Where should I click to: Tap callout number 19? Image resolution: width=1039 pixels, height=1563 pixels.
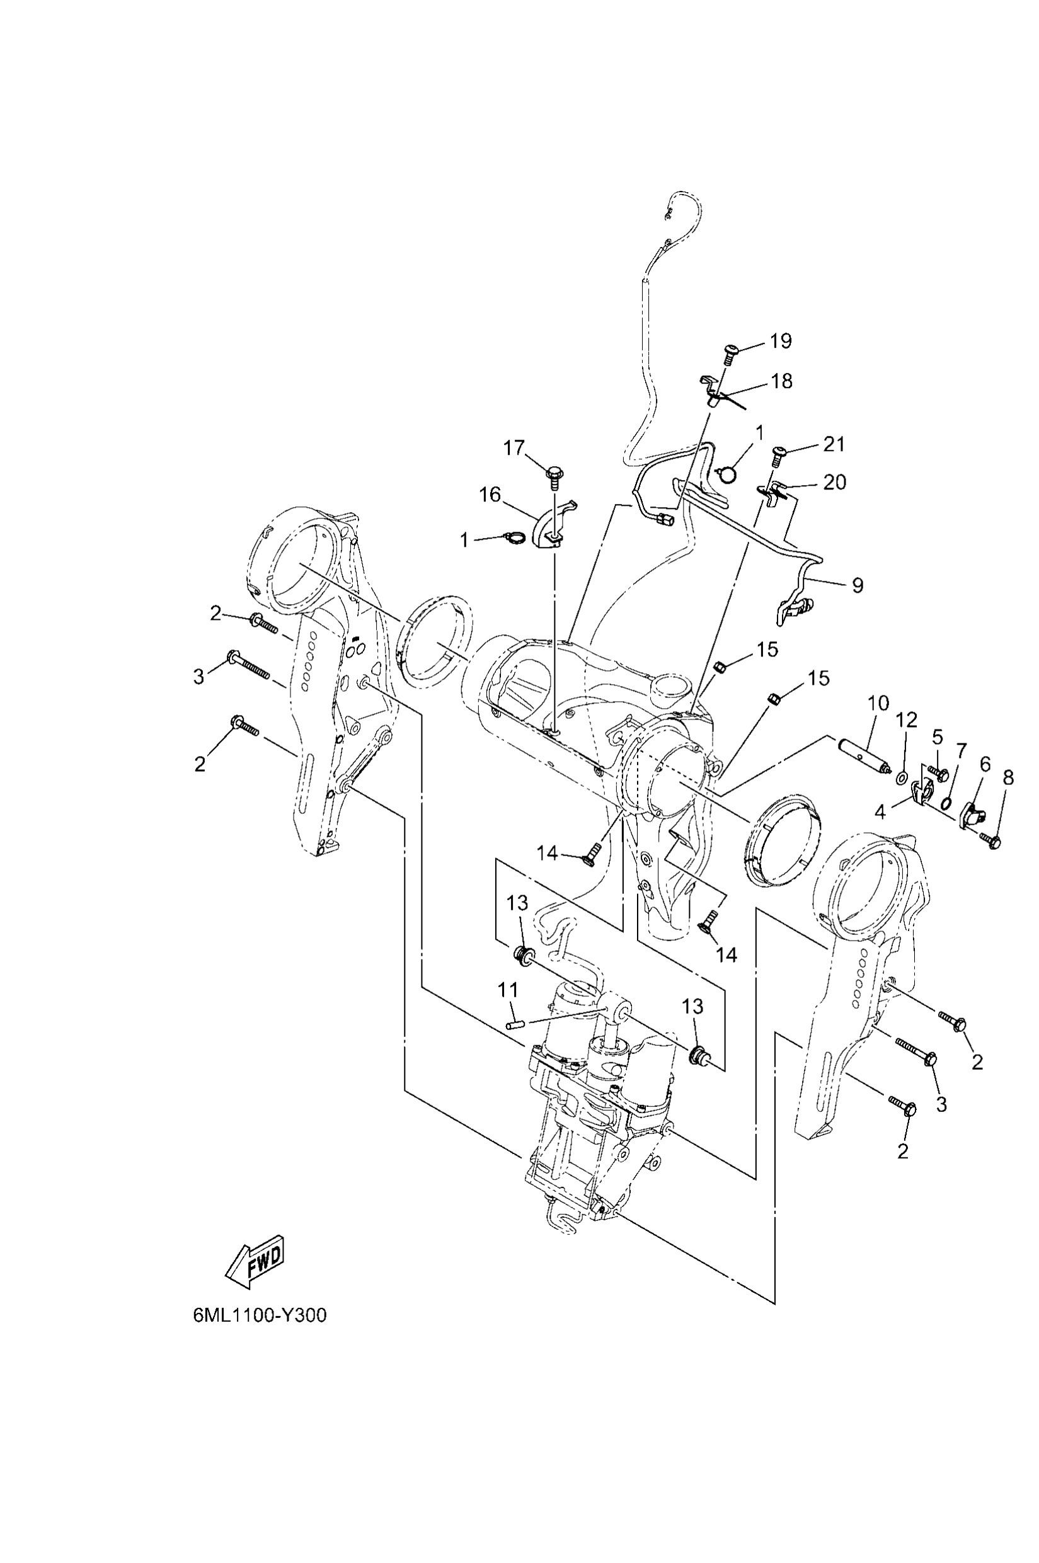pyautogui.click(x=781, y=341)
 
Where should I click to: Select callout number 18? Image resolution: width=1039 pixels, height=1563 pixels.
pyautogui.click(x=782, y=382)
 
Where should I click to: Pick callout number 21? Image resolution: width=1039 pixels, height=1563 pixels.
pyautogui.click(x=834, y=444)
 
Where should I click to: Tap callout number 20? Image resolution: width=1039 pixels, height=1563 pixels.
pyautogui.click(x=834, y=482)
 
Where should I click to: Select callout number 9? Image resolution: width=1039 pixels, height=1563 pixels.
pyautogui.click(x=858, y=585)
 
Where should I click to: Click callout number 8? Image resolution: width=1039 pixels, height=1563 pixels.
pyautogui.click(x=1008, y=778)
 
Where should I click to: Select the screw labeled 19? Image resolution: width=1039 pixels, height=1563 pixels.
pyautogui.click(x=732, y=351)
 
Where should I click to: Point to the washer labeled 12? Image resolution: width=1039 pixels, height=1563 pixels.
pyautogui.click(x=902, y=776)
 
